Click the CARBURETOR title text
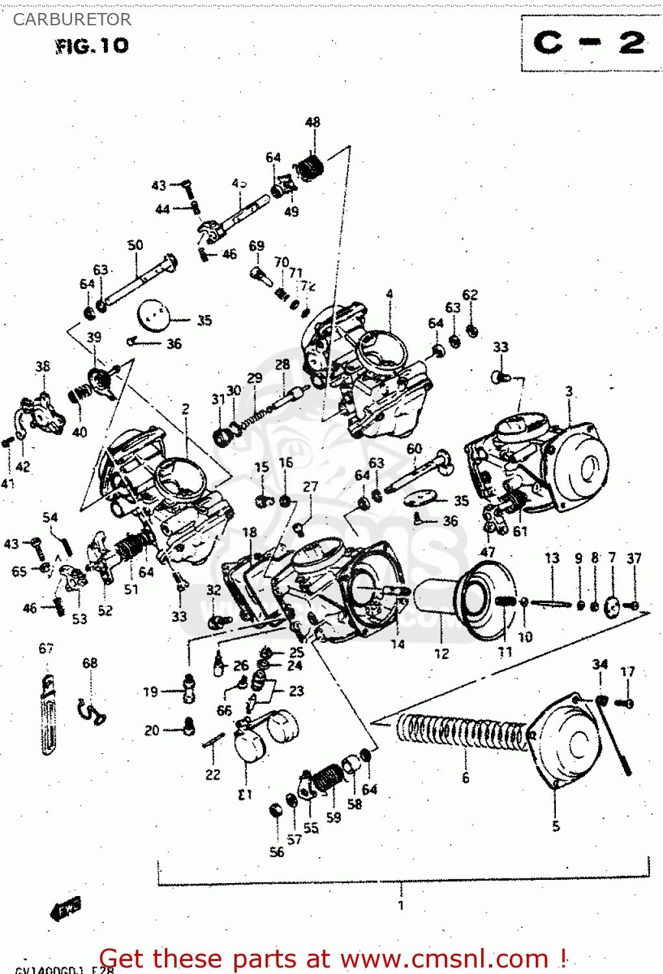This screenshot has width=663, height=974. [x=71, y=19]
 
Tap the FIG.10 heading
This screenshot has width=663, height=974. [x=92, y=46]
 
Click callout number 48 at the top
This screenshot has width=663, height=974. [x=312, y=122]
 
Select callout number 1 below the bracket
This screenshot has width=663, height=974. [x=401, y=905]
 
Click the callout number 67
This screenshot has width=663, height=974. [x=46, y=648]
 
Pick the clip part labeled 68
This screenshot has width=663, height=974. [x=90, y=712]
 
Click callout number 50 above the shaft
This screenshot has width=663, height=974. [x=135, y=245]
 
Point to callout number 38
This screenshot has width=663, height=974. [x=43, y=366]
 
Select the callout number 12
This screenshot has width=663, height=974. [x=442, y=654]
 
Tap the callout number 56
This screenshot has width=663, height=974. [x=277, y=852]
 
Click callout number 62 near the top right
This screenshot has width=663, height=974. [x=470, y=295]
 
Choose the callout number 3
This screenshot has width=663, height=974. [x=569, y=391]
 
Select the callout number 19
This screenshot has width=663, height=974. [x=151, y=692]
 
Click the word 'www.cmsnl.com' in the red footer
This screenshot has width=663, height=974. [x=444, y=959]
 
